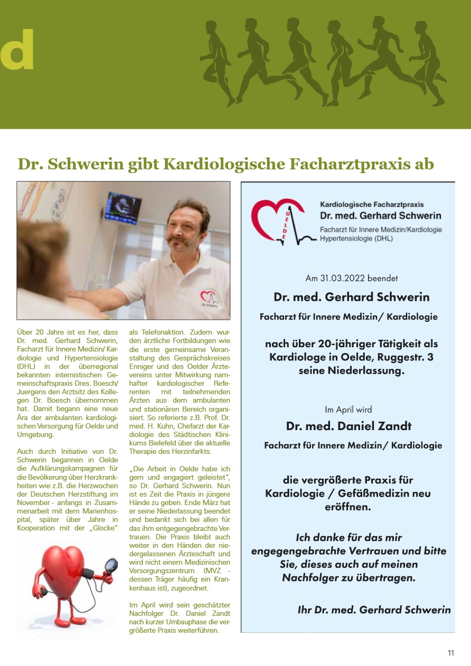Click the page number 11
(451, 653)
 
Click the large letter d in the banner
(17, 50)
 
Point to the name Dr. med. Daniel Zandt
(348, 426)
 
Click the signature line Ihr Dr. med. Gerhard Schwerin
(374, 610)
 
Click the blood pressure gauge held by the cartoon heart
(111, 565)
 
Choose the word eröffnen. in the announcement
(348, 507)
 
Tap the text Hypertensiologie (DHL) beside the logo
(356, 239)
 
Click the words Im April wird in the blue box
(348, 410)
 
